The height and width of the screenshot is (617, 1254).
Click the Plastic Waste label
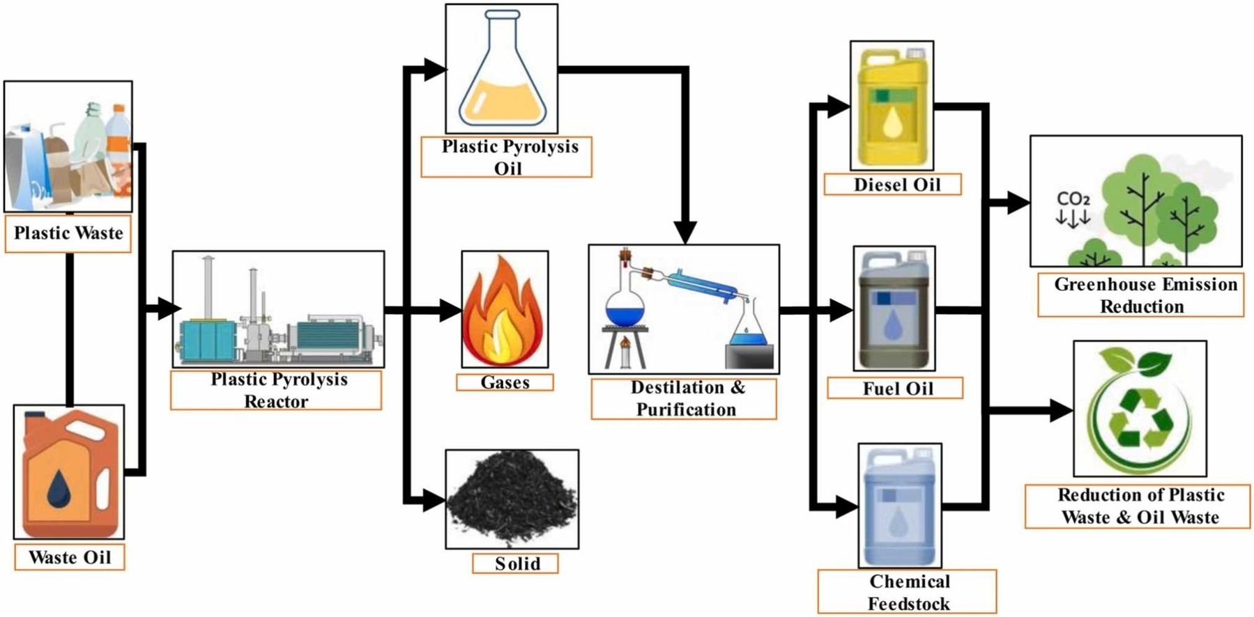pos(68,233)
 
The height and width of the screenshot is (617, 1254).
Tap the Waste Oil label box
pos(70,557)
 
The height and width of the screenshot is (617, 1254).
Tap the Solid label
pos(516,563)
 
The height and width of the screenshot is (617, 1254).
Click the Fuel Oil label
pos(896,389)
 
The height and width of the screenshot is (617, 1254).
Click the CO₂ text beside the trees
pos(1073,200)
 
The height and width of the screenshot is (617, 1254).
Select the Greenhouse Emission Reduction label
pos(1142,295)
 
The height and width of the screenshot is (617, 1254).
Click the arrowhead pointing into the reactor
pos(169,308)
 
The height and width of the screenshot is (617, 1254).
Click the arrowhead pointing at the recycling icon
pos(1062,411)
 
